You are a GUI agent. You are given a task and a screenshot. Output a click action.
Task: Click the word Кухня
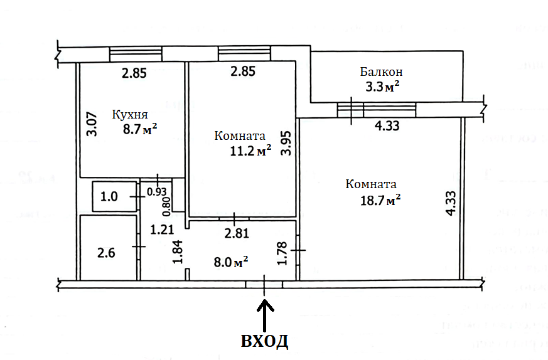[130, 115]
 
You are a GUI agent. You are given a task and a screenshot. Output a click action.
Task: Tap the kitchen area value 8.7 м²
[140, 129]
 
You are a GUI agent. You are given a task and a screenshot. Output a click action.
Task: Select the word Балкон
[381, 72]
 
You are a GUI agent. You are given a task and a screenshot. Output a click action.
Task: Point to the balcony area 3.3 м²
[382, 87]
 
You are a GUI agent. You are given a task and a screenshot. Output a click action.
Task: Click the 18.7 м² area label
[380, 201]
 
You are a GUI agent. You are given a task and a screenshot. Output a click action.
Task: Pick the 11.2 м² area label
[250, 151]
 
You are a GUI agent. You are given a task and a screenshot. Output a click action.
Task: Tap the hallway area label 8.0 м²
[231, 262]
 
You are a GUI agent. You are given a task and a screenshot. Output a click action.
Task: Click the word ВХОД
[264, 341]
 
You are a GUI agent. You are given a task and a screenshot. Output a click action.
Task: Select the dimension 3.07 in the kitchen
[92, 124]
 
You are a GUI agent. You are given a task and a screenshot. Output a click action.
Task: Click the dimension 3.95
[287, 143]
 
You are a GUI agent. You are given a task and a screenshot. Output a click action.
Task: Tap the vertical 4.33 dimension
[451, 203]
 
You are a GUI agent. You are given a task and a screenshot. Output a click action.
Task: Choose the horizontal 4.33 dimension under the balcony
[387, 125]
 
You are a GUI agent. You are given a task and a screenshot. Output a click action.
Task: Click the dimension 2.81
[237, 233]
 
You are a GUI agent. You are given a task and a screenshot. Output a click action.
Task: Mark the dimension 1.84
[178, 251]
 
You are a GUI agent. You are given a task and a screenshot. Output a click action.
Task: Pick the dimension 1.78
[282, 253]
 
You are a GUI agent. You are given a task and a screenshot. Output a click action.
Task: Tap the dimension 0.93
[156, 192]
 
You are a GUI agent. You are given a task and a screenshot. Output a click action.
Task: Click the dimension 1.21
[162, 230]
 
